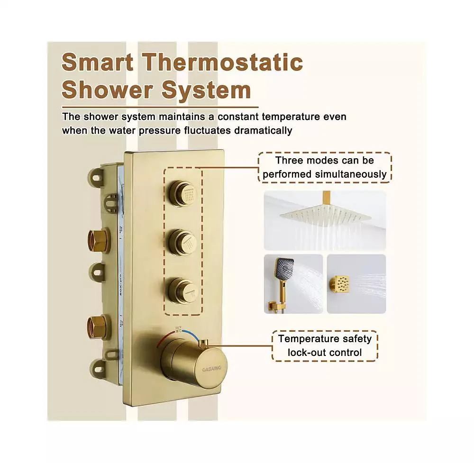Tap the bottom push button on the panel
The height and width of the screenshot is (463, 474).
[x=183, y=288]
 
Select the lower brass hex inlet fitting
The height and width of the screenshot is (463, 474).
[x=98, y=327]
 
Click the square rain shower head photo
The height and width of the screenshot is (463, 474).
[x=325, y=220]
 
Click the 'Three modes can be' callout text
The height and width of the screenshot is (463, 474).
[x=325, y=160]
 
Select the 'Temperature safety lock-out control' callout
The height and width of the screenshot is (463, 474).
[x=325, y=345]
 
